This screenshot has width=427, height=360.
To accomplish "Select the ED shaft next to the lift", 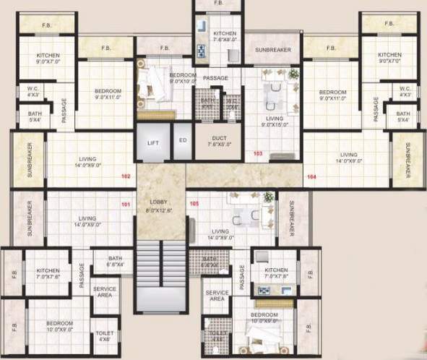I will pos(183,140).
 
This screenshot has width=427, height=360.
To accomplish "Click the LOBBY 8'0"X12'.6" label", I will pos(160,205).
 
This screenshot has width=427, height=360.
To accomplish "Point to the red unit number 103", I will pos(258,154).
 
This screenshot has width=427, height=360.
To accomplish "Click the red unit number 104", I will pos(311,176).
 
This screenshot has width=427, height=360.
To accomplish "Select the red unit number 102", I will pos(126,176).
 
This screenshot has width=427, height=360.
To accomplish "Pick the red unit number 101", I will pos(126,205).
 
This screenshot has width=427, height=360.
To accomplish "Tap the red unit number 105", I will pos(194,205).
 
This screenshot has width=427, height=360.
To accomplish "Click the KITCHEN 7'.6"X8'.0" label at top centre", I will pos(220,37).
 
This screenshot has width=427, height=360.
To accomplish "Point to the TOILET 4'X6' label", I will pos(104,336).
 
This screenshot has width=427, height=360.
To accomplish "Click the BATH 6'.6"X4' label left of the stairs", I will pos(116,261).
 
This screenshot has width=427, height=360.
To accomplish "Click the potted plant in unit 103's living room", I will pos(293,73).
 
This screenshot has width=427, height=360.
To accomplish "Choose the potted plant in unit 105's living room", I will pos(269,197).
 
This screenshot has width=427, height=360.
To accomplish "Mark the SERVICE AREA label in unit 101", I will pos(104,291).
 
